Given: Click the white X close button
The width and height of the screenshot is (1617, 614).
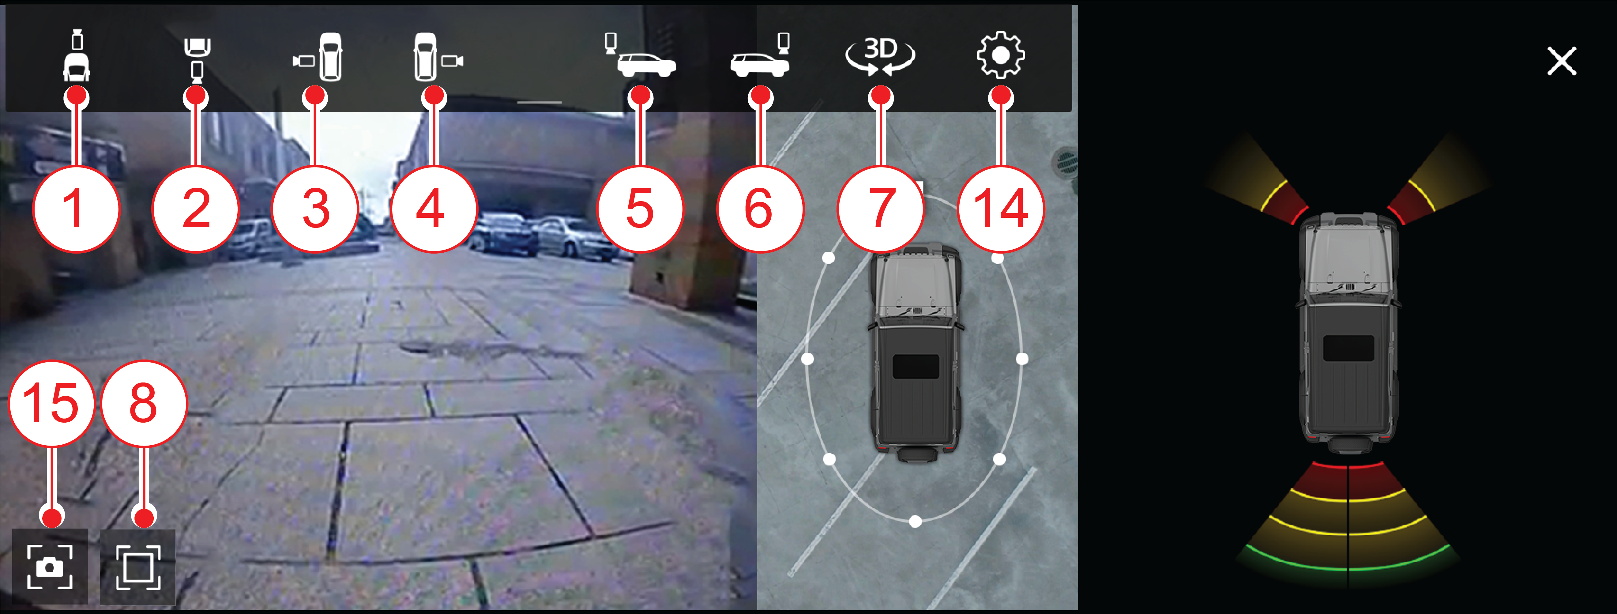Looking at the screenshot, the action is [x=1561, y=61].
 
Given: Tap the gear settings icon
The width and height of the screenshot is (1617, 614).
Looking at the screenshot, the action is [x=1001, y=55].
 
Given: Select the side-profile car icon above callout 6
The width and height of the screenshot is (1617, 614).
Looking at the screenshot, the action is [x=760, y=55].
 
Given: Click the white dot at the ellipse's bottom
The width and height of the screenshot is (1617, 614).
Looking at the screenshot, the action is [x=915, y=521].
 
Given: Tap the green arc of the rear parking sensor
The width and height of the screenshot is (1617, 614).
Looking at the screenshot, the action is [x=1348, y=565].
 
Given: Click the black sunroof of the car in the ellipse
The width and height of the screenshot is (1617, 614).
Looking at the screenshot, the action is [x=916, y=367].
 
